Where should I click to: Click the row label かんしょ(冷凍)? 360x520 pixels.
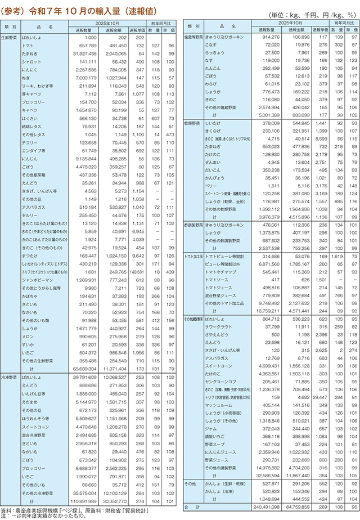[x=222, y=491]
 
